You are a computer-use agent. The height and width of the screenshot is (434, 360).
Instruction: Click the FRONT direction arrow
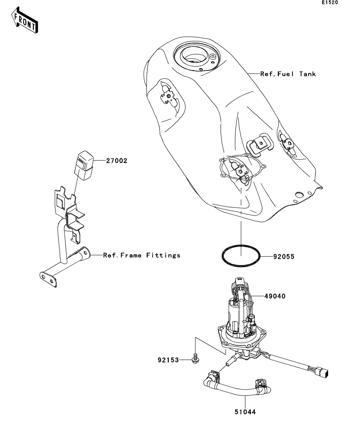pyautogui.click(x=25, y=20)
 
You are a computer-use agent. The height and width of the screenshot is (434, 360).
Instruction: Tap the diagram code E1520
pyautogui.click(x=330, y=2)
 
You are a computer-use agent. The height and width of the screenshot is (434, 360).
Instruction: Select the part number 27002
pyautogui.click(x=117, y=161)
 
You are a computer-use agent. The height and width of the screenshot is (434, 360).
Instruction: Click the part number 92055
pyautogui.click(x=284, y=257)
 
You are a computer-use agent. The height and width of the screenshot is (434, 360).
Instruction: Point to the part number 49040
pyautogui.click(x=275, y=296)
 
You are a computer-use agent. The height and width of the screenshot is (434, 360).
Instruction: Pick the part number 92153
pyautogui.click(x=168, y=360)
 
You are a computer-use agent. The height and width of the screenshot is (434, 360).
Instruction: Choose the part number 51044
pyautogui.click(x=245, y=412)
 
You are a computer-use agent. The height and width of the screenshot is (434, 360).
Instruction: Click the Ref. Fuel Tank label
pyautogui.click(x=288, y=74)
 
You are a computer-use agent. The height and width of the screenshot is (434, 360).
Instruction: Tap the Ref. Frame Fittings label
pyautogui.click(x=142, y=255)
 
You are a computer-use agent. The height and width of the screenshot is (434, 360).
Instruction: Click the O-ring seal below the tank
pyautogui.click(x=241, y=256)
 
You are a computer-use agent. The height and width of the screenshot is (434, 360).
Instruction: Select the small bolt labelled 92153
pyautogui.click(x=195, y=359)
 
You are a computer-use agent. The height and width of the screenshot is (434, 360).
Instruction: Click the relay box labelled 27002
pyautogui.click(x=84, y=165)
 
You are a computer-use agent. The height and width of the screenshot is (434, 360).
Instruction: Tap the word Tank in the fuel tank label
pyautogui.click(x=308, y=74)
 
